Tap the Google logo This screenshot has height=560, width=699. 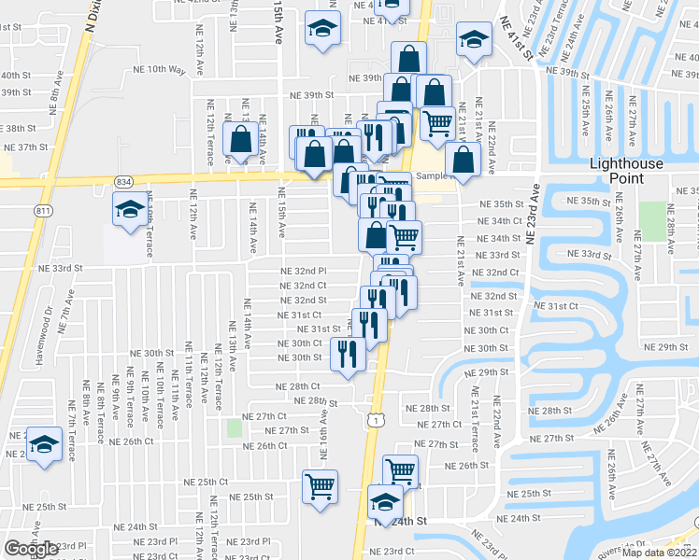pyautogui.click(x=31, y=548)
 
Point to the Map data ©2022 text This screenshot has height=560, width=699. pyautogui.click(x=659, y=553)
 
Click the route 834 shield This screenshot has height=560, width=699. pyautogui.click(x=123, y=180)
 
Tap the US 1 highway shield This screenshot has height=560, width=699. pyautogui.click(x=374, y=422)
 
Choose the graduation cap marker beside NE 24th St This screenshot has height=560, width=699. pyautogui.click(x=384, y=501)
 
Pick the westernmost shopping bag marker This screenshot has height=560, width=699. pyautogui.click(x=241, y=141)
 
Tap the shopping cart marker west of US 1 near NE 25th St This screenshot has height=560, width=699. pyautogui.click(x=320, y=485)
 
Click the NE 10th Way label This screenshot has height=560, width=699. pyautogui.click(x=166, y=68)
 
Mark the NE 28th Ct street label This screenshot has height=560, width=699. pyautogui.click(x=297, y=385)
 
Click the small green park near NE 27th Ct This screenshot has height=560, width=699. pyautogui.click(x=234, y=428)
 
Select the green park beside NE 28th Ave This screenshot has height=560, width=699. pyautogui.click(x=651, y=220)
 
